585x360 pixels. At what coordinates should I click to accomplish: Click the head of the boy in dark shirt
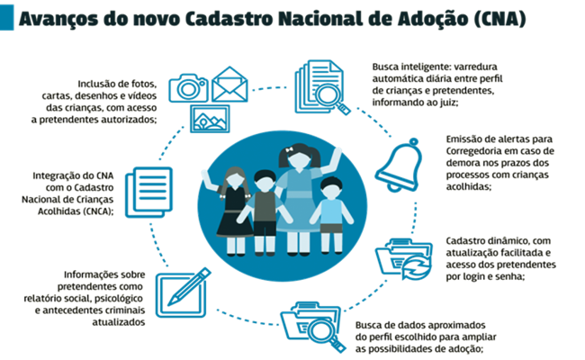click(263, 179)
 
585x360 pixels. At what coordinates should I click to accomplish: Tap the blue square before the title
click(7, 20)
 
